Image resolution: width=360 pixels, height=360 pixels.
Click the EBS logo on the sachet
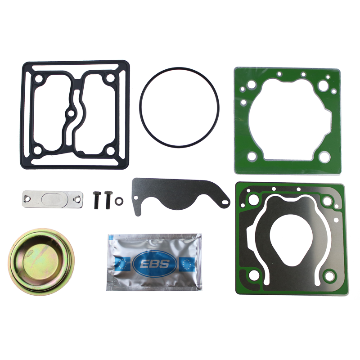[154, 264]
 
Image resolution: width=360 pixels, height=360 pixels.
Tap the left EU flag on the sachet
[123, 264]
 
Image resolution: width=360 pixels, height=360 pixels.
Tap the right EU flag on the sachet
[187, 264]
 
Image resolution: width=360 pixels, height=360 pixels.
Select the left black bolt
[97, 200]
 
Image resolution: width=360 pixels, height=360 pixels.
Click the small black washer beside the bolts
[119, 201]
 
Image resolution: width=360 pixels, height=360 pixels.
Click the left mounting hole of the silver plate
[27, 198]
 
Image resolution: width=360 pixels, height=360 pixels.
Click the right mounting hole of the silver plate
[76, 199]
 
